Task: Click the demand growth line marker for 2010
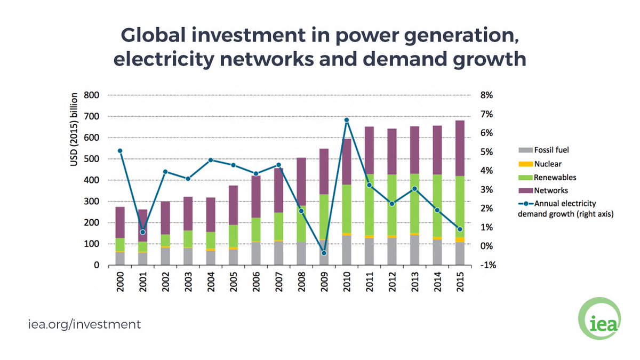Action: tap(347, 120)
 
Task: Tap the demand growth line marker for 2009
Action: tap(324, 253)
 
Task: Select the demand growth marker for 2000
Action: tap(120, 151)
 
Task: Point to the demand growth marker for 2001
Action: tap(142, 232)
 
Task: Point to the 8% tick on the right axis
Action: tap(490, 95)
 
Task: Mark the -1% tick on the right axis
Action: tap(489, 265)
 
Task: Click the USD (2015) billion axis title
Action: tap(75, 131)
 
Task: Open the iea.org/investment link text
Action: tap(84, 324)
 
